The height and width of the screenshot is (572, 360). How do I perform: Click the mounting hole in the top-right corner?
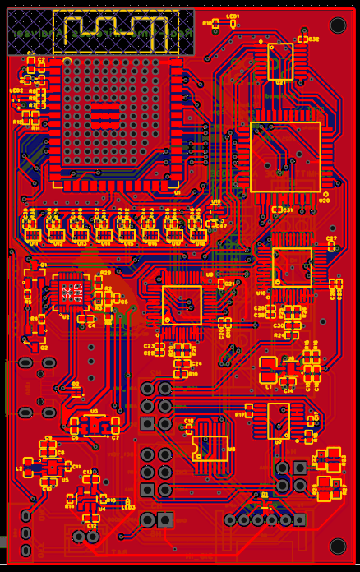pyautogui.click(x=337, y=25)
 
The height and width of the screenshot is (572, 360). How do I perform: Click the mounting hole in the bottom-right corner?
pyautogui.click(x=337, y=546)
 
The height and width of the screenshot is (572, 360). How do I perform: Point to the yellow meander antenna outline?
pyautogui.click(x=115, y=30)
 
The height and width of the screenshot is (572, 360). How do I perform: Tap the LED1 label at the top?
pyautogui.click(x=233, y=17)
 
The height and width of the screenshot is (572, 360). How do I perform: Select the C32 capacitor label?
pyautogui.click(x=312, y=39)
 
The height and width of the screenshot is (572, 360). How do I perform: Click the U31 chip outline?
pyautogui.click(x=280, y=61)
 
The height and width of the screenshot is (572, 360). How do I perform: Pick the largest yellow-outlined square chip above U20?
pyautogui.click(x=285, y=157)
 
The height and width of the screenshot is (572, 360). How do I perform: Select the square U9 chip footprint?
pyautogui.click(x=182, y=304)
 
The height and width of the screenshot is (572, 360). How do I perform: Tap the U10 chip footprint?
pyautogui.click(x=292, y=267)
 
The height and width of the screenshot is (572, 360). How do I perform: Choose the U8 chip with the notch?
pyautogui.click(x=210, y=447)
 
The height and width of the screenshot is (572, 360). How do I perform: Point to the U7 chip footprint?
pyautogui.click(x=279, y=420)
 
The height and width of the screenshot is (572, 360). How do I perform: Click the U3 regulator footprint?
pyautogui.click(x=94, y=424)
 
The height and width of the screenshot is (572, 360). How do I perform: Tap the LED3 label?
pyautogui.click(x=127, y=507)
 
